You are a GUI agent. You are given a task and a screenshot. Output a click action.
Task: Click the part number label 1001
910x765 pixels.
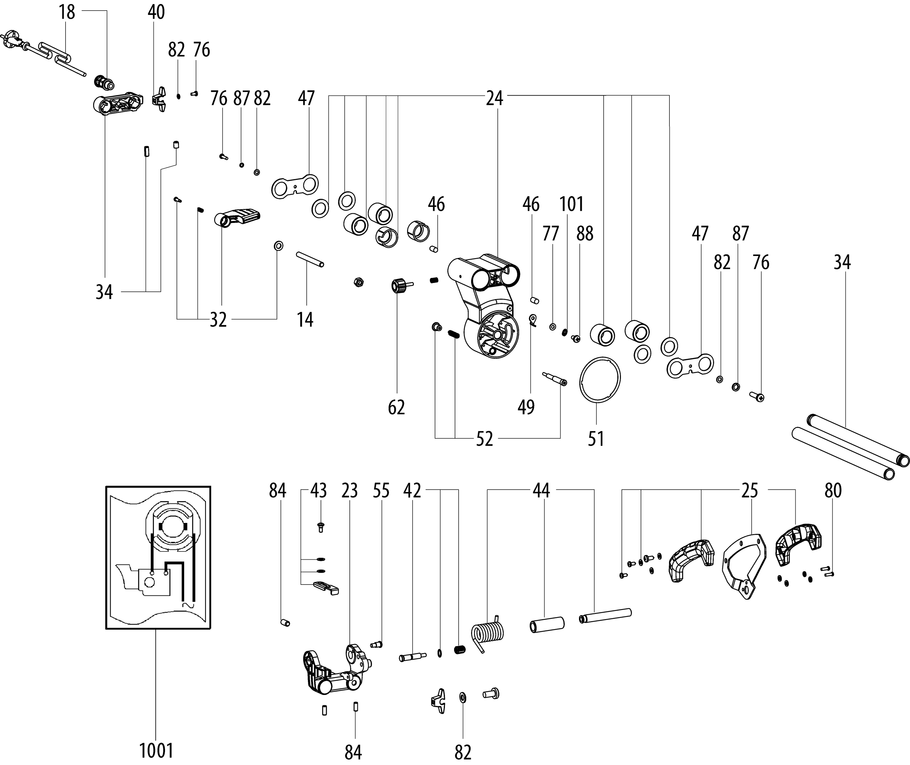pos(156,751)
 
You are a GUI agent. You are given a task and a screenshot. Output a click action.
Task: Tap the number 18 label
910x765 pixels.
pos(67,12)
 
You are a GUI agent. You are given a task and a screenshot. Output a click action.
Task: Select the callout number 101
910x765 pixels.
pos(571,204)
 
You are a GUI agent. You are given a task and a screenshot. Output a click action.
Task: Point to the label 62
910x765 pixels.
pos(396,407)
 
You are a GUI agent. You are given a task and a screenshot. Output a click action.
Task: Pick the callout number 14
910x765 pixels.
pos(305,320)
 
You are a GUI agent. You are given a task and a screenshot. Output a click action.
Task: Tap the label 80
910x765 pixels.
pos(833,490)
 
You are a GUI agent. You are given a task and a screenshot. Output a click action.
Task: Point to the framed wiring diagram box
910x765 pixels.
pos(158,557)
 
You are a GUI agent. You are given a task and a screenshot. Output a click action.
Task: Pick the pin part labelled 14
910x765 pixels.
pos(310,259)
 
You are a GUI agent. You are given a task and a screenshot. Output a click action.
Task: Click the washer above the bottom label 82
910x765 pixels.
pos(462,697)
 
